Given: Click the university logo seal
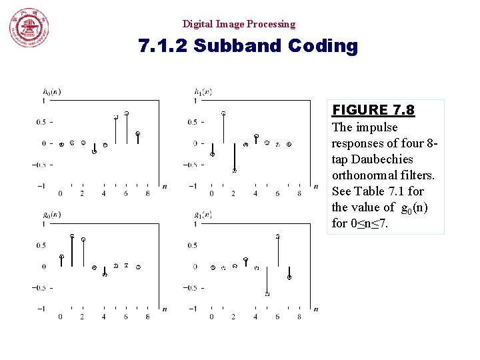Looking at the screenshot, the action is tap(28, 28).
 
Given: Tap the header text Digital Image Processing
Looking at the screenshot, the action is tap(239, 24).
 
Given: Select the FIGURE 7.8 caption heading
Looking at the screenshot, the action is tap(373, 110).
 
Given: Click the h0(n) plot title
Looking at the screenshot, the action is tap(51, 91).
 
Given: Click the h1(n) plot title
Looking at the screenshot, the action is tap(203, 91).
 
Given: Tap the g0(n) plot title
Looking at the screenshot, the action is tap(51, 215).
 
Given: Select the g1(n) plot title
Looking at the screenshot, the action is tap(203, 215).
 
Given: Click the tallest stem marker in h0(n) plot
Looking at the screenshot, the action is tap(127, 113).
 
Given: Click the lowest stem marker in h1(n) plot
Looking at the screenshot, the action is tap(234, 171).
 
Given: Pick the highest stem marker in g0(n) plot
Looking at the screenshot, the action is tap(72, 236).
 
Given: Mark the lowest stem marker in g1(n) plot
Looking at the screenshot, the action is tap(267, 294).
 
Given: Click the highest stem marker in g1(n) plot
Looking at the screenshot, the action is tap(277, 237).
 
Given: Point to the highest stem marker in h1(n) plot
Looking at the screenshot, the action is tap(223, 113).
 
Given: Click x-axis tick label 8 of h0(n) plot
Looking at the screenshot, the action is tap(147, 193).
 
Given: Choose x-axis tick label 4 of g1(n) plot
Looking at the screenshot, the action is tap(255, 317).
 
